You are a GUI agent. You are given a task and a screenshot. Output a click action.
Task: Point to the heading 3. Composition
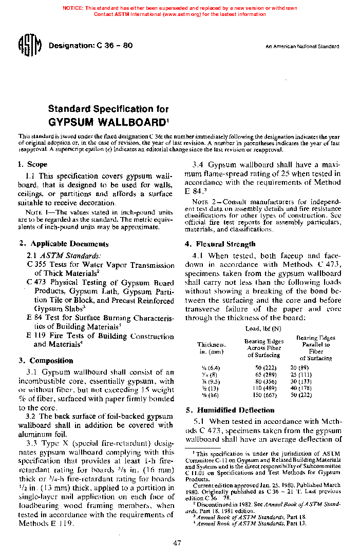(x=46, y=360)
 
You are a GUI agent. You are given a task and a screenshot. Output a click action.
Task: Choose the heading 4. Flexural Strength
(x=220, y=244)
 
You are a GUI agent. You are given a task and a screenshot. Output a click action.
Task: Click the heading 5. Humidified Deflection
(x=230, y=410)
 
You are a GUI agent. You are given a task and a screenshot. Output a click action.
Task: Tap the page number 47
(x=177, y=543)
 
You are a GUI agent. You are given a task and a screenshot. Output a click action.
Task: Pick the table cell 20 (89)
(x=299, y=367)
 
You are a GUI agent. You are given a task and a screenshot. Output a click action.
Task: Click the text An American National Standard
(x=302, y=47)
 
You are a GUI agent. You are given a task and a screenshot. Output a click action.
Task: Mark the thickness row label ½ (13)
(x=206, y=389)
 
